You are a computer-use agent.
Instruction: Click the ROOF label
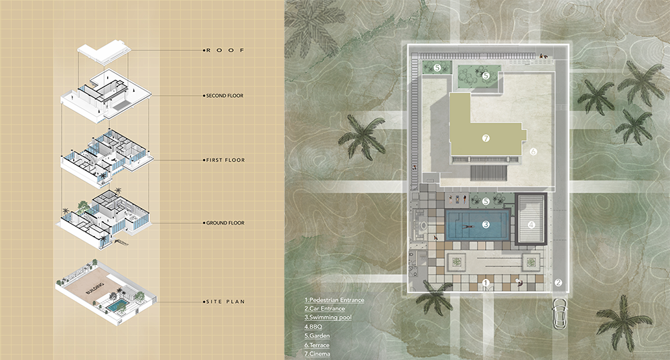pyautogui.click(x=225, y=50)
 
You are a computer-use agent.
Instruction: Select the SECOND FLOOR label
pyautogui.click(x=224, y=96)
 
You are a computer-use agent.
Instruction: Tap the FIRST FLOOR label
pyautogui.click(x=226, y=160)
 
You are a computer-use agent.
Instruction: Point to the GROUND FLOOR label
pyautogui.click(x=225, y=223)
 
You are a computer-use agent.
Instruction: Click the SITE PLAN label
pyautogui.click(x=226, y=302)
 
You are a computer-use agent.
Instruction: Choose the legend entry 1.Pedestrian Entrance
pyautogui.click(x=334, y=300)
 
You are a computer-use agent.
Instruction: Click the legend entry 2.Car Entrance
pyautogui.click(x=324, y=308)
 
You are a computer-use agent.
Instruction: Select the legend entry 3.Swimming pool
pyautogui.click(x=328, y=318)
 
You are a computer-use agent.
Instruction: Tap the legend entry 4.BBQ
pyautogui.click(x=313, y=326)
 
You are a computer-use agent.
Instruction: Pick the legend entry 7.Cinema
pyautogui.click(x=317, y=354)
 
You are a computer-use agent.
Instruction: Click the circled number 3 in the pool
pyautogui.click(x=486, y=225)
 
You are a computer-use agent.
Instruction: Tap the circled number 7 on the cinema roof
pyautogui.click(x=485, y=138)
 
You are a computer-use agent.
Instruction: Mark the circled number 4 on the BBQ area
pyautogui.click(x=531, y=225)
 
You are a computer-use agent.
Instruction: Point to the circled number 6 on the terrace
pyautogui.click(x=533, y=152)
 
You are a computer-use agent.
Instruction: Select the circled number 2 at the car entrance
pyautogui.click(x=558, y=283)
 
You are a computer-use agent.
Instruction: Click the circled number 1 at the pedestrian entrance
pyautogui.click(x=485, y=283)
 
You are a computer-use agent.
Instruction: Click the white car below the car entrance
pyautogui.click(x=559, y=313)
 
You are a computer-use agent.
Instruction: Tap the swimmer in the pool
pyautogui.click(x=466, y=226)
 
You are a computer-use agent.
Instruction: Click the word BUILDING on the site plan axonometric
pyautogui.click(x=95, y=288)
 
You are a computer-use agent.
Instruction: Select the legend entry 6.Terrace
pyautogui.click(x=317, y=345)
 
